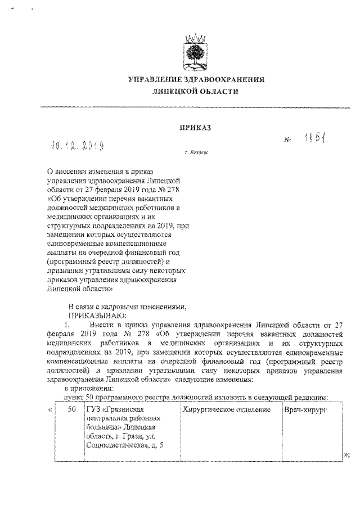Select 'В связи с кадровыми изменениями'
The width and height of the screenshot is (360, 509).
(x=127, y=307)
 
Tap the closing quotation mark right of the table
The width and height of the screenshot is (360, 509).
(x=345, y=455)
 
